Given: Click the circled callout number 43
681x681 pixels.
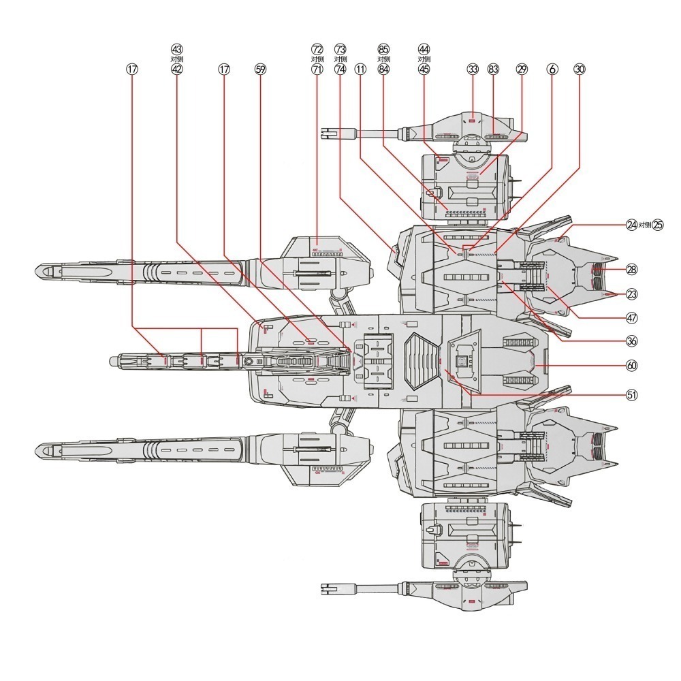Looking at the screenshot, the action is coord(177,48).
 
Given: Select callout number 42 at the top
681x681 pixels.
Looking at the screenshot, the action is coord(177,69).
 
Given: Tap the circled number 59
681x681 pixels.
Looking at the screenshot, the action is coord(260,69).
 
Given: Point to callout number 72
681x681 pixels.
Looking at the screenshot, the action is coord(317,48).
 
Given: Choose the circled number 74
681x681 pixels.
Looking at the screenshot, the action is coord(340,69).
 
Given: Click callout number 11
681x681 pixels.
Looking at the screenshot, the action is coord(360,69).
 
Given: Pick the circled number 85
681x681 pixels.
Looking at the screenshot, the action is coord(383,48).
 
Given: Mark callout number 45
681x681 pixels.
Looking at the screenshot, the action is coord(424,69).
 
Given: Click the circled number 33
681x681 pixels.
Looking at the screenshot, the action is coord(473,69).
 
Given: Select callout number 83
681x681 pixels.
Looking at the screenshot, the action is coord(493,69).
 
